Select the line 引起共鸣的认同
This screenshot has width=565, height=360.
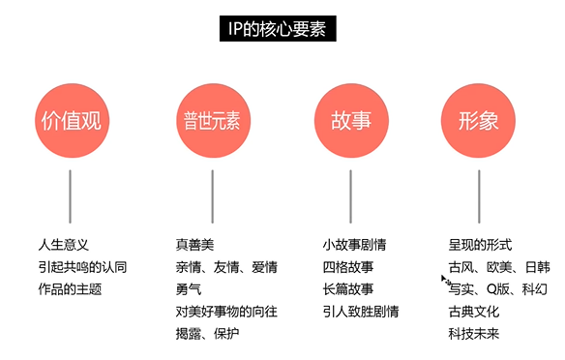82,266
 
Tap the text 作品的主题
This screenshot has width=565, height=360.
69,288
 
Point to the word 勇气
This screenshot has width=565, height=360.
189,288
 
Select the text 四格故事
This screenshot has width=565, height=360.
347,266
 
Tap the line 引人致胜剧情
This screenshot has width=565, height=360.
360,311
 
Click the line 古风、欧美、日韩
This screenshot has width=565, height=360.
499,266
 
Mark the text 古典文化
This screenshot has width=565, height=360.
473,311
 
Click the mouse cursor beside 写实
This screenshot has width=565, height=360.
445,282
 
